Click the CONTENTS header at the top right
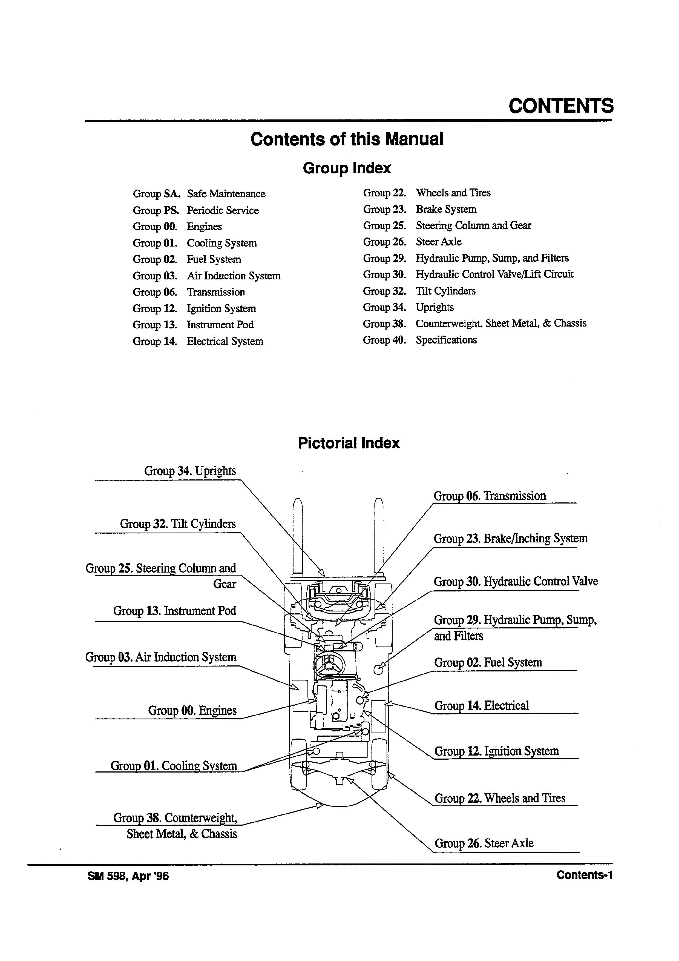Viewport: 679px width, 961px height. pos(561,106)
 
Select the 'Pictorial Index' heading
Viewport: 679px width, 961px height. pos(349,443)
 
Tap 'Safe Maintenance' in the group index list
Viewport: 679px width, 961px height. pos(226,194)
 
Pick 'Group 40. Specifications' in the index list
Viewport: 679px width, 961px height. pos(420,340)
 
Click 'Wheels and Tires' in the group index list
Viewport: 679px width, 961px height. pos(453,193)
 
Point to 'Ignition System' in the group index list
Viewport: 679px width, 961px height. pos(221,308)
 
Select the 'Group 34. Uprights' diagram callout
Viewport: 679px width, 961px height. pos(190,471)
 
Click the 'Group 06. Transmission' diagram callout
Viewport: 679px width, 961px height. pos(490,496)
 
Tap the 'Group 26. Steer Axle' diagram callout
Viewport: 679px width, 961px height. pos(484,843)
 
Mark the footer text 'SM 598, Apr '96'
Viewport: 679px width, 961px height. pos(128,876)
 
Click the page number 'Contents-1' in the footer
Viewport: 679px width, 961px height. pos(585,875)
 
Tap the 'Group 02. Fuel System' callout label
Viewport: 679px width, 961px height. pos(488,663)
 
